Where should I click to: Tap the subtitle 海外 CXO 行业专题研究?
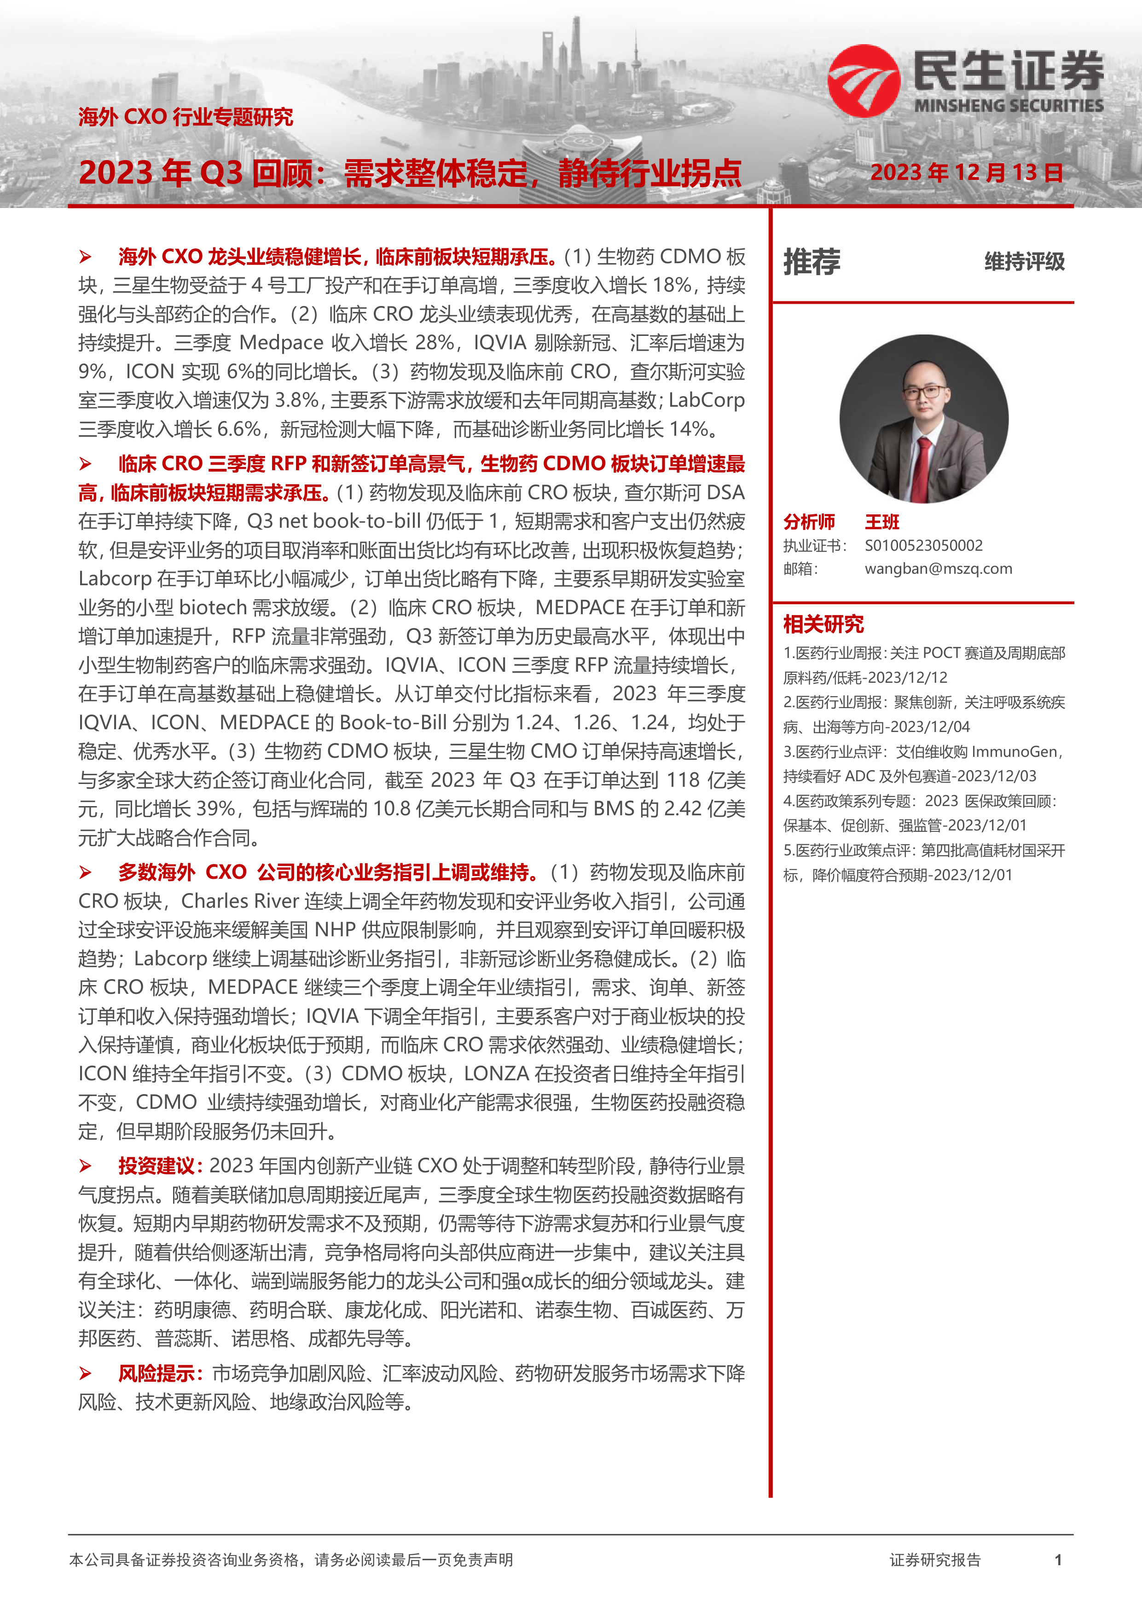(x=186, y=117)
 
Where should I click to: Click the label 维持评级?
(x=1024, y=262)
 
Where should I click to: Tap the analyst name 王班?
(x=882, y=522)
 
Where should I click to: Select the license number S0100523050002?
(x=923, y=546)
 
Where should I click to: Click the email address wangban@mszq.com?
(x=938, y=569)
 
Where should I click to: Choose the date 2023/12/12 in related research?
(x=918, y=678)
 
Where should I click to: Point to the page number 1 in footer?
(x=1058, y=1560)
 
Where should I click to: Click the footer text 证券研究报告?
(x=934, y=1560)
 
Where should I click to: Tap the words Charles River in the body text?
(x=231, y=901)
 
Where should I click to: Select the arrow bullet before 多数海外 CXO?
(x=86, y=873)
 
